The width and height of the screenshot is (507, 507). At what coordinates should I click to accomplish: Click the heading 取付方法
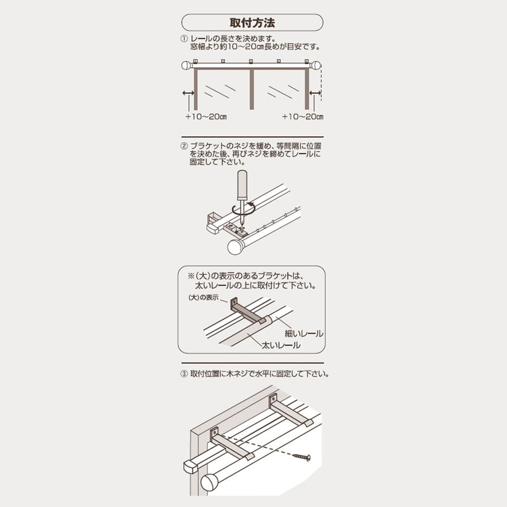(x=252, y=23)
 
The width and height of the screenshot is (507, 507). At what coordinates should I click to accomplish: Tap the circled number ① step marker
(x=184, y=39)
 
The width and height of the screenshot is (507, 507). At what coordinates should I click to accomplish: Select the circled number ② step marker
(x=184, y=146)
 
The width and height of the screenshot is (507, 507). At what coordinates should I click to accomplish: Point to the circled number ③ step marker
(x=184, y=374)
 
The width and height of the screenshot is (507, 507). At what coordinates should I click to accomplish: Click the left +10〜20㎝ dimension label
(x=206, y=117)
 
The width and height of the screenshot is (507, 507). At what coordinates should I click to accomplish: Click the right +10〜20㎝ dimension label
(x=303, y=117)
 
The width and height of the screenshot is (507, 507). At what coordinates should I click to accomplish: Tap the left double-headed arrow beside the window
(x=188, y=93)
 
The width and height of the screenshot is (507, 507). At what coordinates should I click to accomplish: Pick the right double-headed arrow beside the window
(x=315, y=93)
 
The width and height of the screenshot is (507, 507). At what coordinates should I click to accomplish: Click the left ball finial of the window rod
(x=186, y=66)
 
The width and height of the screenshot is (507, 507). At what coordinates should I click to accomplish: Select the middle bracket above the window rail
(x=251, y=61)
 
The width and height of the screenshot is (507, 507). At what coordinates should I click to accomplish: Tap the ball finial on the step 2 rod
(x=235, y=247)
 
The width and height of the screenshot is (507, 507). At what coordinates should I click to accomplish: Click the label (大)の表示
(x=203, y=297)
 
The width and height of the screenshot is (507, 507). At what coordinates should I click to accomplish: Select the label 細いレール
(x=304, y=333)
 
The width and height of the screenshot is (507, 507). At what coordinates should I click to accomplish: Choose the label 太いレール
(x=281, y=345)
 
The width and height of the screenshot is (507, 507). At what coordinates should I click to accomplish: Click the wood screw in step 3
(x=302, y=457)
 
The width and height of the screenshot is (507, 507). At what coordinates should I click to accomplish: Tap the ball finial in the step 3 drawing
(x=210, y=482)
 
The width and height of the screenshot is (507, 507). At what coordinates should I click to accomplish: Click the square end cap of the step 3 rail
(x=191, y=467)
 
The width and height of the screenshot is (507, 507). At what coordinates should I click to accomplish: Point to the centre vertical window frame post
(x=252, y=89)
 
